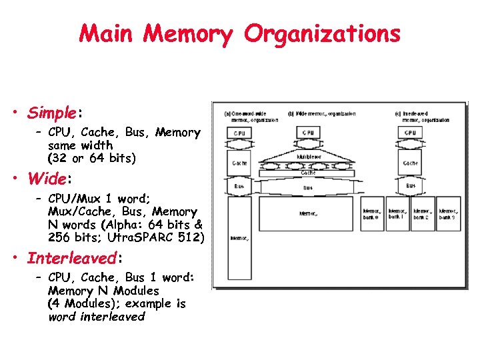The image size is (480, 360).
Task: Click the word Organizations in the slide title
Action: pyautogui.click(x=322, y=33)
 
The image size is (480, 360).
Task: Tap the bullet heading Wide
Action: pyautogui.click(x=47, y=179)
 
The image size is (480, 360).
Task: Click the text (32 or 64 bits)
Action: pyautogui.click(x=91, y=158)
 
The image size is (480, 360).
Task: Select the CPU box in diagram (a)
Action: pyautogui.click(x=239, y=133)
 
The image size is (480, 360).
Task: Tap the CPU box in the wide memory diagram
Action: pyautogui.click(x=308, y=133)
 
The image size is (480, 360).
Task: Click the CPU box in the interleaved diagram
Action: pyautogui.click(x=410, y=133)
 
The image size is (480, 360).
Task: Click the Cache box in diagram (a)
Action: pyautogui.click(x=239, y=163)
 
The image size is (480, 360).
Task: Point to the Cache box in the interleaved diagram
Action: pyautogui.click(x=410, y=163)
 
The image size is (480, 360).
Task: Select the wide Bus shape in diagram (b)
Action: pyautogui.click(x=308, y=187)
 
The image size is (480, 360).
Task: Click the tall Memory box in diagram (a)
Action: pyautogui.click(x=239, y=237)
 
